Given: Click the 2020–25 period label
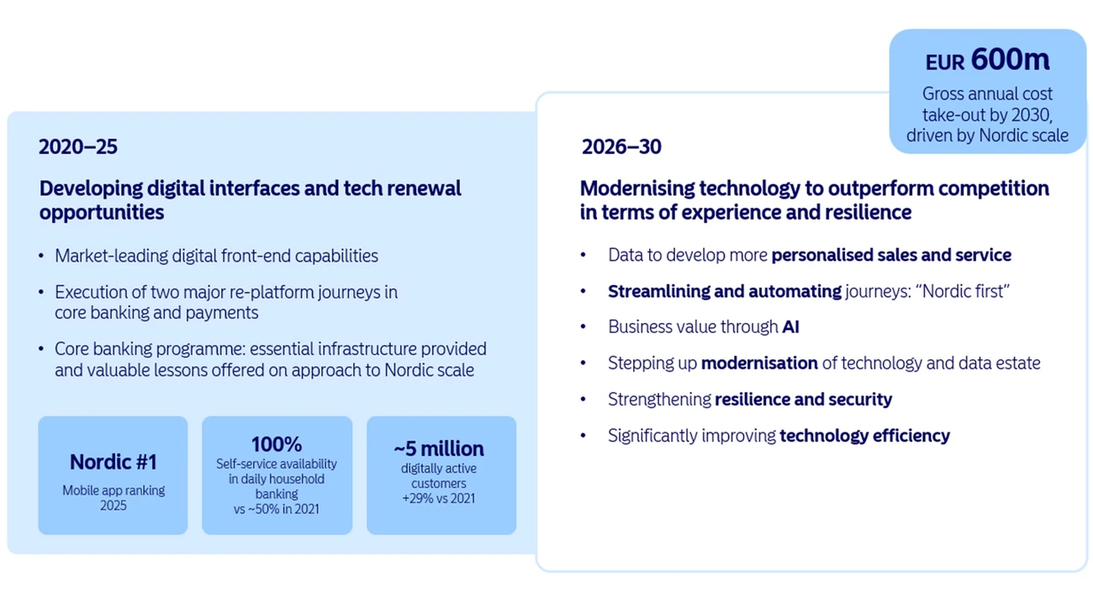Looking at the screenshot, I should tap(78, 147).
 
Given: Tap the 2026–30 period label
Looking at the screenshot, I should tap(621, 147).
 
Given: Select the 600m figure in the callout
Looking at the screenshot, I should tap(1010, 60).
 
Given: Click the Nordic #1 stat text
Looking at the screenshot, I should tap(113, 462).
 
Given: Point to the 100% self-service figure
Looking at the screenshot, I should tap(277, 444).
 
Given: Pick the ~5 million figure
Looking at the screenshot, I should tap(440, 448).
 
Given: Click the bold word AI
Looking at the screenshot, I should tap(790, 327).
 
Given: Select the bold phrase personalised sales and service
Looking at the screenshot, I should tap(891, 255).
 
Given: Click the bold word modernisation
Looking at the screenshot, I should tap(759, 363).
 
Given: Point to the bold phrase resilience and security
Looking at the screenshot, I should tap(803, 400).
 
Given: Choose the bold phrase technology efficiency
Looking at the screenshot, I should tap(864, 436).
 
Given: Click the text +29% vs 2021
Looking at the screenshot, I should tap(439, 498).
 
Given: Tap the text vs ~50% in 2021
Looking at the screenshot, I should tap(277, 509).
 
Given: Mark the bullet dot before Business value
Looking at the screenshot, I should tap(583, 327).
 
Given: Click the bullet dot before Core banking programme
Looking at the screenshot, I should tap(42, 349).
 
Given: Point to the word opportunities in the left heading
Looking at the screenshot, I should tap(101, 212).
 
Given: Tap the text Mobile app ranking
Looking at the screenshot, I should tap(114, 490).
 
